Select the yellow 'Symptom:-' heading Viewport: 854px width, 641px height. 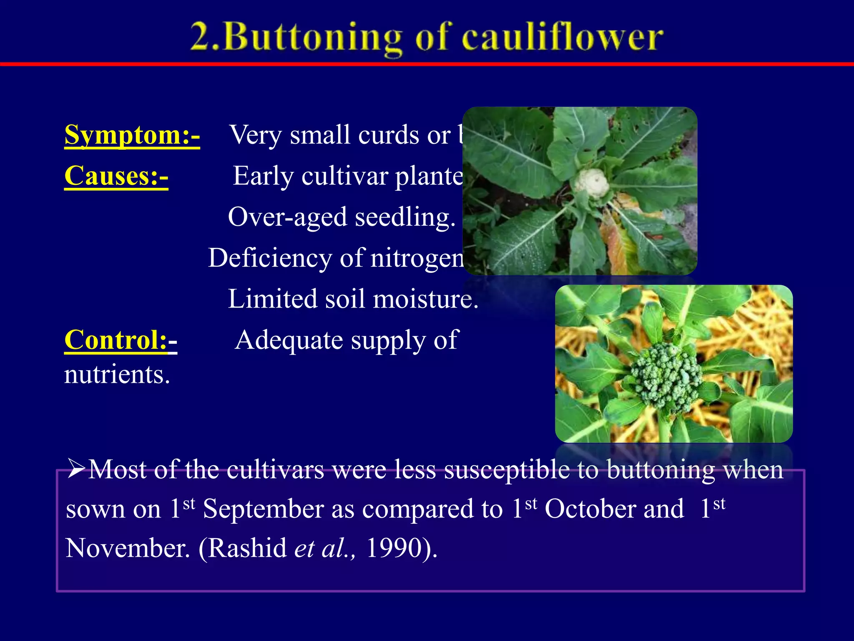132,135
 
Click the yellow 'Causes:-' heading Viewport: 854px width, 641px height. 116,176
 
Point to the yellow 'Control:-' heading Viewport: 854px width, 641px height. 121,340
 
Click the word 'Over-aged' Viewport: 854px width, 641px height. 287,217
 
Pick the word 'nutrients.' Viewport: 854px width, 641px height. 117,374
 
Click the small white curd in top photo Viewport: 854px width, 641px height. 591,183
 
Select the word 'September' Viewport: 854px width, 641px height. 263,509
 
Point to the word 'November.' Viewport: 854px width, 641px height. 128,548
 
